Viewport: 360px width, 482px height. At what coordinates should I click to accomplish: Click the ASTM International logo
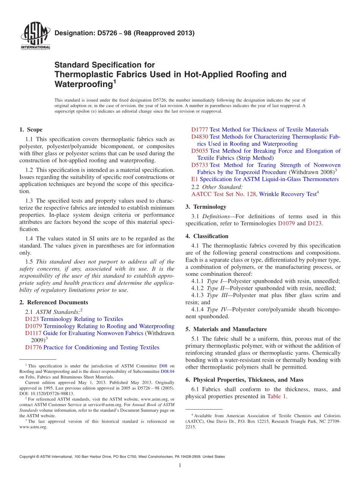coord(35,37)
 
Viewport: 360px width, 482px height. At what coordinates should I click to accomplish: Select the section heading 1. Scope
coord(31,130)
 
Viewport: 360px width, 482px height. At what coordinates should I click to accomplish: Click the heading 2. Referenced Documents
coord(54,302)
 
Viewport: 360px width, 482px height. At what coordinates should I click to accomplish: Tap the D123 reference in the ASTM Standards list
coord(32,319)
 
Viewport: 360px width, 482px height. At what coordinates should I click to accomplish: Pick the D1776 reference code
coord(33,347)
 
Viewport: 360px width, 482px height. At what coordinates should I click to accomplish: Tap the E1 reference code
coord(195,179)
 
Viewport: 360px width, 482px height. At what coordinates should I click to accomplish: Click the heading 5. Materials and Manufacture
coord(226,329)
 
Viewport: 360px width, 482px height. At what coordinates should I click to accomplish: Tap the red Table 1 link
coord(276,396)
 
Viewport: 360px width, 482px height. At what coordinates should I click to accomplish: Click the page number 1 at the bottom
coord(180,465)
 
